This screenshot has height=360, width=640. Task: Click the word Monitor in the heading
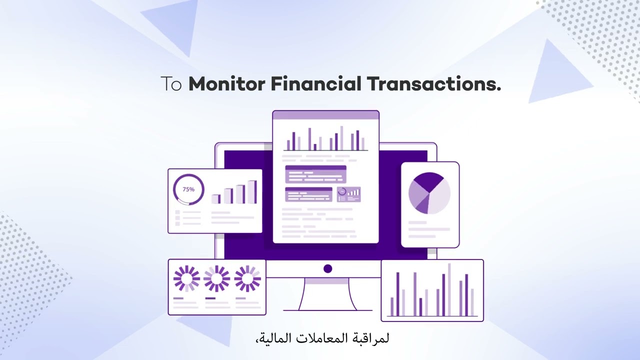(x=226, y=84)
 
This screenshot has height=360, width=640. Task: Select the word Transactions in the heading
(x=433, y=84)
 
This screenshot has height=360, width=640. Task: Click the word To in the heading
(x=171, y=84)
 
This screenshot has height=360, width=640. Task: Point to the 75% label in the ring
(x=188, y=189)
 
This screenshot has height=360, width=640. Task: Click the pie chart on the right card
(x=429, y=193)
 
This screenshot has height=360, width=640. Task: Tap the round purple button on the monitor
(x=327, y=269)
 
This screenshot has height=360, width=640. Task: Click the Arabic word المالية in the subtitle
(x=273, y=338)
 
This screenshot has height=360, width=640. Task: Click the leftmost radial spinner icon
(x=186, y=278)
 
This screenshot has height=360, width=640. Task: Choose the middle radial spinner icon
(x=217, y=278)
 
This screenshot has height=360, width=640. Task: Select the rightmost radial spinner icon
(x=247, y=278)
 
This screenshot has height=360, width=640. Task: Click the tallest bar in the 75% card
(x=252, y=192)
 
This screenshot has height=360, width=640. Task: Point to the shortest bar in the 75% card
(x=216, y=198)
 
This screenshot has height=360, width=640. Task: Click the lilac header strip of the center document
(x=325, y=115)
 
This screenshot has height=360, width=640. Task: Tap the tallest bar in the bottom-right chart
(x=449, y=290)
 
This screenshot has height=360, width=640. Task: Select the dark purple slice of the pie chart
(x=428, y=181)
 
